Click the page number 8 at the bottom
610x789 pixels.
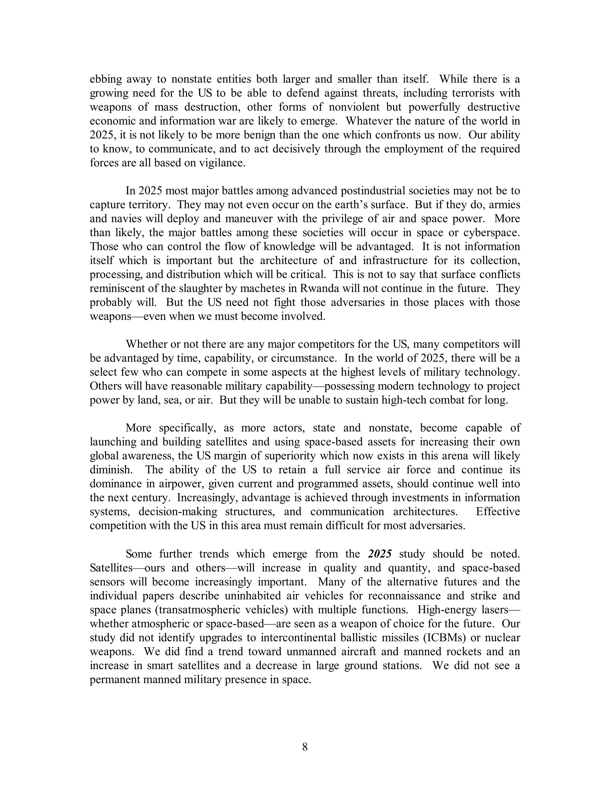coord(305,747)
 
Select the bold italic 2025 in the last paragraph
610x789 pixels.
coord(380,554)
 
